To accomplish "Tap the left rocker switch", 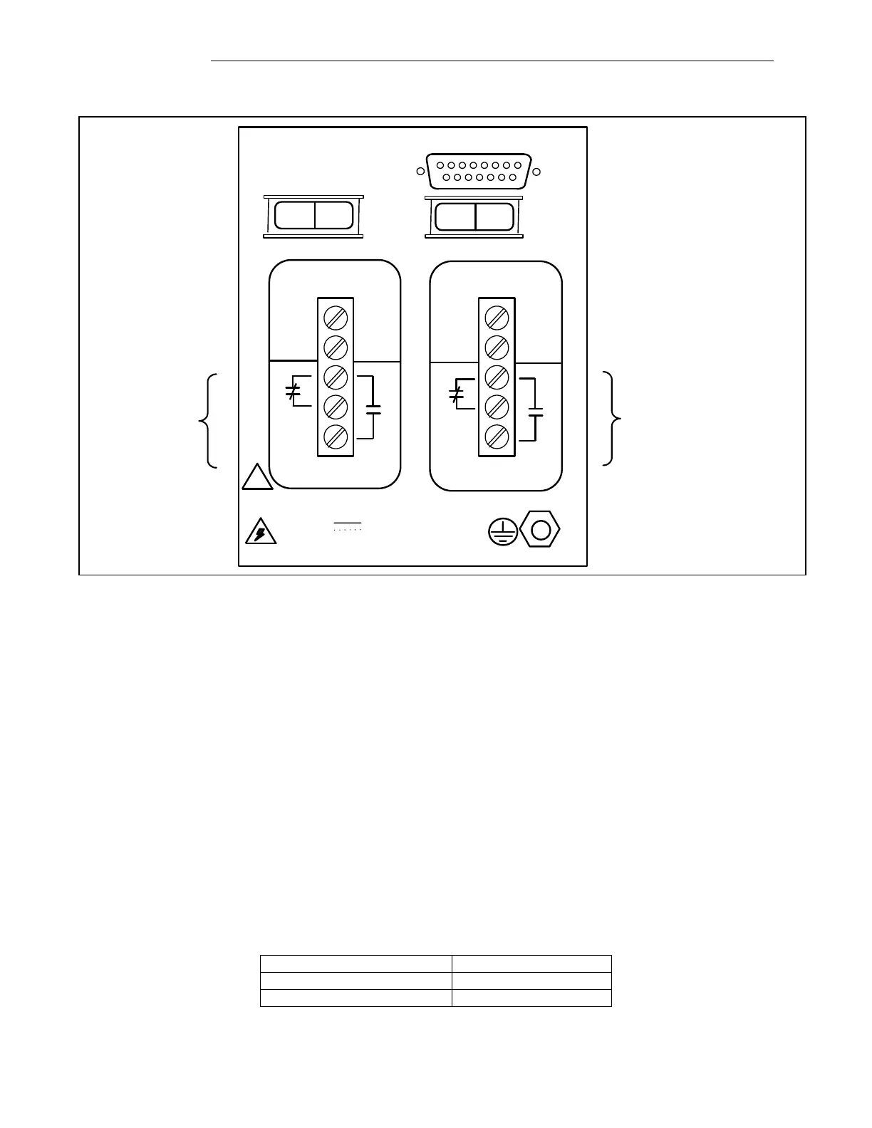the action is pos(313,216).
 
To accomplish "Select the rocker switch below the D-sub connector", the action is pos(474,216).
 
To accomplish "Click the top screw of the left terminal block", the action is pos(336,316).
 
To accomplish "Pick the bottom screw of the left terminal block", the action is pos(336,437).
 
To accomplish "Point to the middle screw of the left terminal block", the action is pos(336,376).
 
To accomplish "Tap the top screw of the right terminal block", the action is pos(497,316).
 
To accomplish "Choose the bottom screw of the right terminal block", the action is pos(497,437).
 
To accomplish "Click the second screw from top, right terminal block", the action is pos(497,347).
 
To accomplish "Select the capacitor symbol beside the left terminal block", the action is pos(373,409).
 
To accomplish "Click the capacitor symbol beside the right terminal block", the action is pos(536,412).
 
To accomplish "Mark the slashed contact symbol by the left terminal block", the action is pos(293,391).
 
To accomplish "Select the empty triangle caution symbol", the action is pos(257,478).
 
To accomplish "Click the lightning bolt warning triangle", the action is pos(260,533).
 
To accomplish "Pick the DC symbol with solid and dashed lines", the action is pos(348,527).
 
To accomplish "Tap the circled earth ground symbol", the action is pos(503,532).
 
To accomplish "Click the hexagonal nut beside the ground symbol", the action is pos(540,531).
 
